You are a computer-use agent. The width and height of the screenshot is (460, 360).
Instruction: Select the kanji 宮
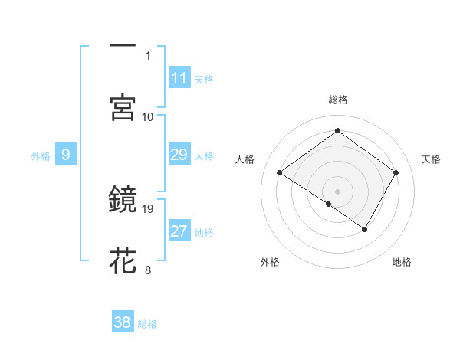(x=123, y=108)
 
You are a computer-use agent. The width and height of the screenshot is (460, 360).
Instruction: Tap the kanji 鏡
(x=123, y=200)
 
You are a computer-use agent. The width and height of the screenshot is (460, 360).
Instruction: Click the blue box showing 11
(x=179, y=78)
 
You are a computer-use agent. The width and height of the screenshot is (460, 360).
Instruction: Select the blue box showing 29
(x=179, y=155)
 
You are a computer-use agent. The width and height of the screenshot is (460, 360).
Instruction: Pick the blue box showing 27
(x=179, y=232)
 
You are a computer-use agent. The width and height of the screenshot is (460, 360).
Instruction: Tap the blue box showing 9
(x=66, y=155)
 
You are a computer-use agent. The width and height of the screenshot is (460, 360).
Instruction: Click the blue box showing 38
(x=123, y=322)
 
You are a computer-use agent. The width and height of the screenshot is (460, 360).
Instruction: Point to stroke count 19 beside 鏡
(x=149, y=208)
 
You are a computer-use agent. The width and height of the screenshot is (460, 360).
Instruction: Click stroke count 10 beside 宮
(x=148, y=116)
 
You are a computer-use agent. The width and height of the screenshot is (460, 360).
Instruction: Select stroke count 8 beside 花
(x=148, y=270)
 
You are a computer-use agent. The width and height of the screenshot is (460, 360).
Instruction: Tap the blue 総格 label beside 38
(x=147, y=324)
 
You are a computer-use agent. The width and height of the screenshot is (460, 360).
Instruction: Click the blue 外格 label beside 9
(x=41, y=156)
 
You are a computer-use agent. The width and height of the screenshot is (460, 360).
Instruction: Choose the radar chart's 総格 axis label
(x=338, y=100)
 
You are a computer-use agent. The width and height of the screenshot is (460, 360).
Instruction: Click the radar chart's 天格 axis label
(x=432, y=159)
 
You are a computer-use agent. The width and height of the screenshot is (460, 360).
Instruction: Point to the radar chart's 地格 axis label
(x=402, y=262)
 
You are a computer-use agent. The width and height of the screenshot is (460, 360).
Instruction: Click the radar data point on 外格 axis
(x=329, y=205)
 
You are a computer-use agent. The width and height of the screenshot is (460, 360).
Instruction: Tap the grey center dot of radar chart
(x=338, y=191)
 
